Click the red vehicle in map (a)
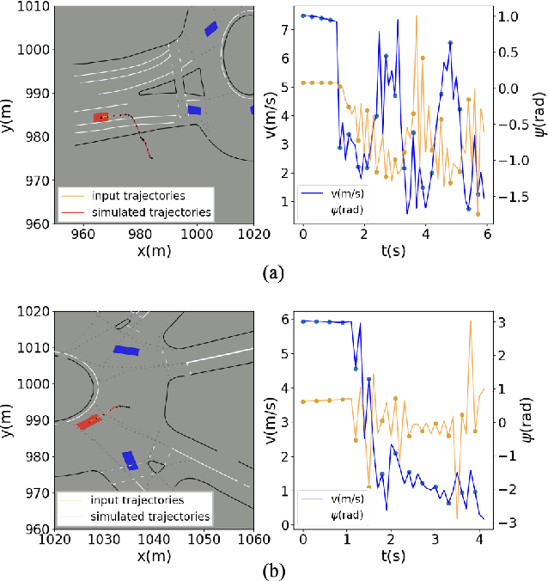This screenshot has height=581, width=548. point(101,117)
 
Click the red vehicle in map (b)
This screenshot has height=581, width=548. point(88,422)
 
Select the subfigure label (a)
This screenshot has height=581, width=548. point(272,272)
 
